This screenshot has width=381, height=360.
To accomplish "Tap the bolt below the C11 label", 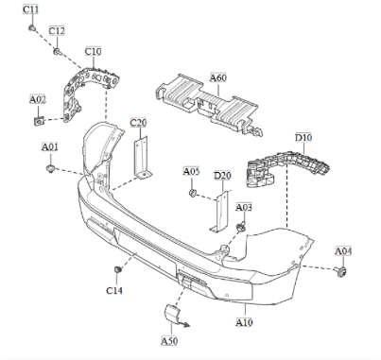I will (31, 27).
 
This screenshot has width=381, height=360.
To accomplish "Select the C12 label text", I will (57, 31).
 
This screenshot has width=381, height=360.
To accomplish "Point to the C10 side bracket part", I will (83, 90).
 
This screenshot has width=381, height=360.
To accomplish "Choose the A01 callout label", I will (49, 146).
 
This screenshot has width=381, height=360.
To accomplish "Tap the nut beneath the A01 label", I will (50, 168).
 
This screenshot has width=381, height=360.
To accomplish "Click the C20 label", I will (138, 123).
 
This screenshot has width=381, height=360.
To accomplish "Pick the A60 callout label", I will (217, 78).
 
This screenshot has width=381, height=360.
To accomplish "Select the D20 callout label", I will (222, 175).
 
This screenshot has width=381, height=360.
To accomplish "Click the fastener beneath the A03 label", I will (242, 227).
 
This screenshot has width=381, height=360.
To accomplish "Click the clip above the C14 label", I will (116, 271).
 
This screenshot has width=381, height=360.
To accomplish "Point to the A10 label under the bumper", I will (244, 322).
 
